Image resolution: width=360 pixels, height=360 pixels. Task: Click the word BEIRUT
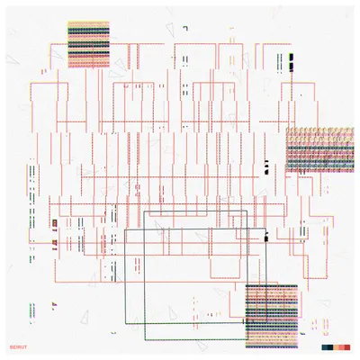tap(18, 347)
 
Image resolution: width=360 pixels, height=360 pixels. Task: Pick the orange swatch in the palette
tap(336, 347)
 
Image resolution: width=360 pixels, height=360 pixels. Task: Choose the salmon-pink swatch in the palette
tap(342, 347)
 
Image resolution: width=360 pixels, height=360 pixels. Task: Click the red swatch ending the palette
tap(347, 347)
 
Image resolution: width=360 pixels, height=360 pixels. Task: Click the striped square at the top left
tap(88, 44)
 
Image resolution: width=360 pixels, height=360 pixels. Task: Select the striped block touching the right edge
tap(319, 149)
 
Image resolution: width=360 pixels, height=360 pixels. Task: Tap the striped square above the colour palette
tap(272, 316)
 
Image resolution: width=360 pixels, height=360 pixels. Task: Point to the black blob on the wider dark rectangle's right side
tap(265, 238)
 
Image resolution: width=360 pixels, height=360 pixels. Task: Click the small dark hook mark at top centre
tap(185, 29)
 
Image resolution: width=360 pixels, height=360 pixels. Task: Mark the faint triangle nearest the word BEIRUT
tap(85, 317)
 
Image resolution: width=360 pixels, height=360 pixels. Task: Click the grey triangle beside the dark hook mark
tap(170, 30)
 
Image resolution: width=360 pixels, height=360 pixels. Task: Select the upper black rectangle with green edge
tap(291, 57)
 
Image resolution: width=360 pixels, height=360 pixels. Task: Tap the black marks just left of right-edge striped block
tap(265, 167)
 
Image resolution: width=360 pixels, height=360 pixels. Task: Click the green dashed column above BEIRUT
tap(32, 310)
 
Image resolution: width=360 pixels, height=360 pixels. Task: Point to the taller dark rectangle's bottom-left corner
tap(145, 339)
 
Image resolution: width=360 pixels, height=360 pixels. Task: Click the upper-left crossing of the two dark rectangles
tap(144, 229)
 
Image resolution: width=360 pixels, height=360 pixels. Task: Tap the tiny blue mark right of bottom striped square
tap(302, 333)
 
